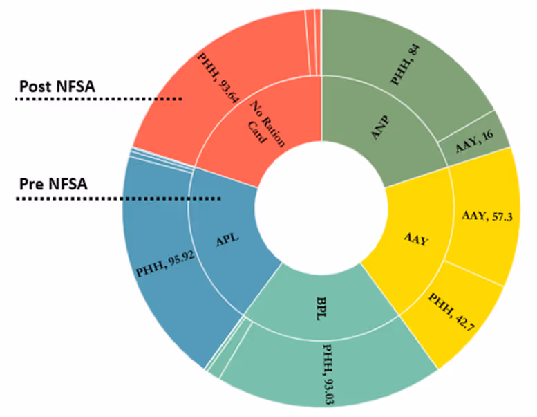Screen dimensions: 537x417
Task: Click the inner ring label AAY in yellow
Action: coord(417,241)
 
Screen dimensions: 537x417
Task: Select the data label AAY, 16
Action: coord(474,145)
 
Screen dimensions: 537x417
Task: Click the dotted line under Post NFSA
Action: coord(97,99)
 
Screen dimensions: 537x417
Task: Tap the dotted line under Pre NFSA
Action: coord(117,200)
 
